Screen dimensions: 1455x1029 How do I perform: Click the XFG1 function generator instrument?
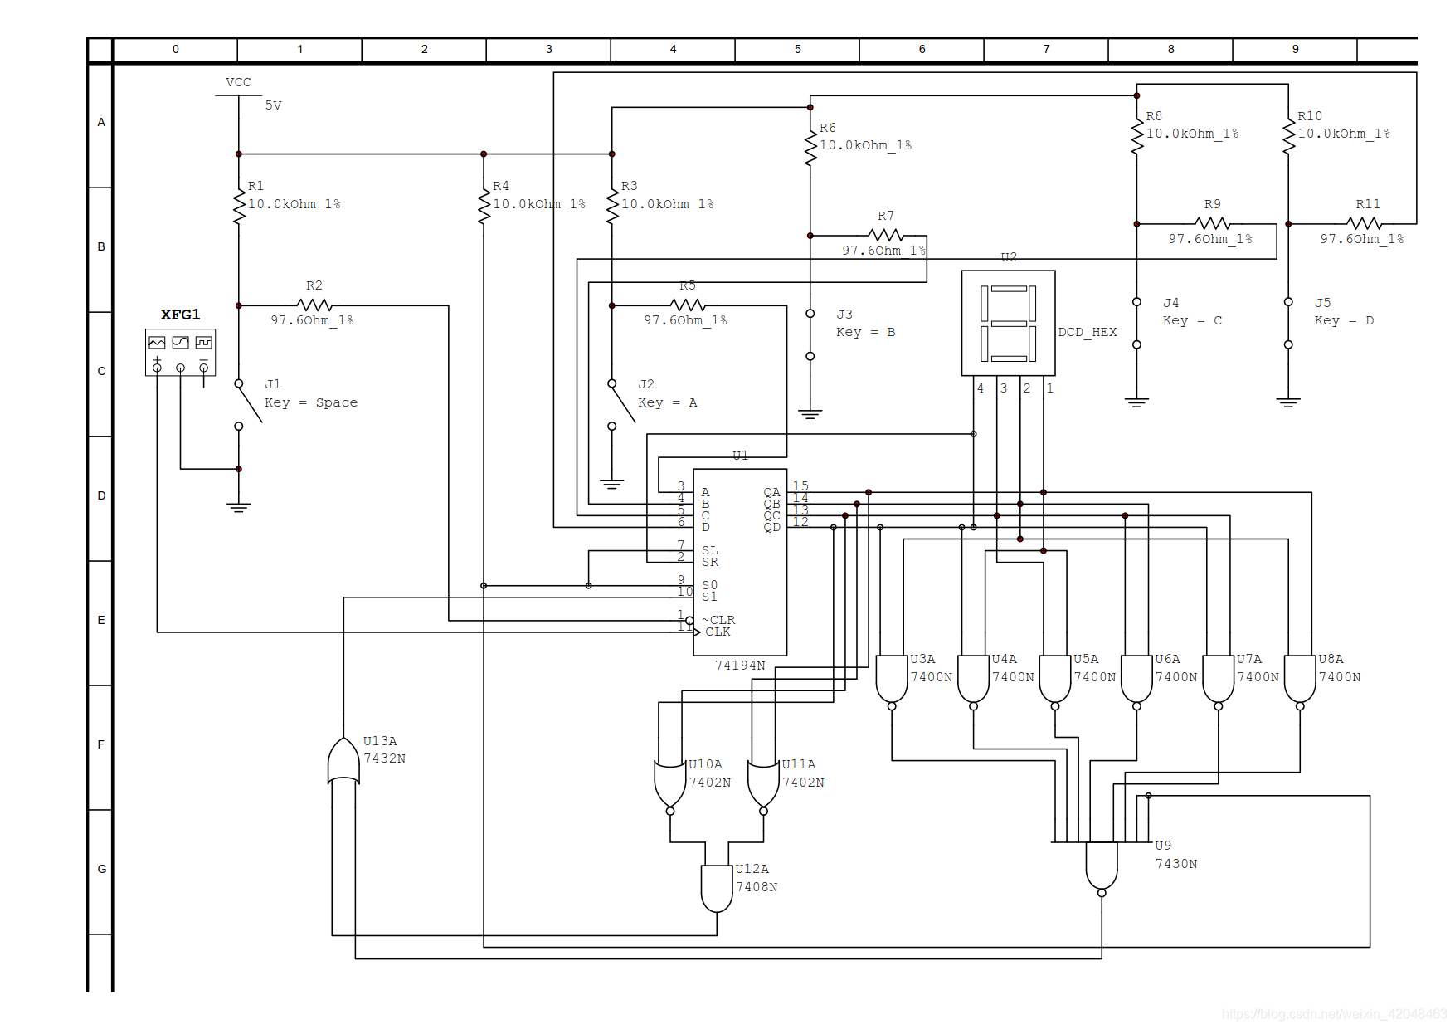[180, 353]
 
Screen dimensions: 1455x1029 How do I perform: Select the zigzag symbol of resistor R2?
[314, 305]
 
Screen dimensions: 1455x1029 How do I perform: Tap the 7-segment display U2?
[1008, 323]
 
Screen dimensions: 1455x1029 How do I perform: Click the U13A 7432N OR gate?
[343, 760]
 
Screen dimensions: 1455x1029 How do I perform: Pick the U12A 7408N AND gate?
[717, 888]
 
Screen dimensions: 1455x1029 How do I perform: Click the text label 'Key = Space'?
[311, 402]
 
